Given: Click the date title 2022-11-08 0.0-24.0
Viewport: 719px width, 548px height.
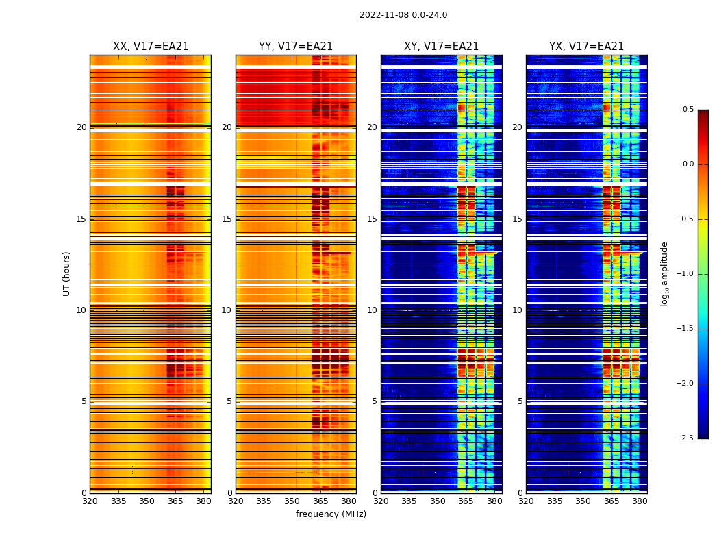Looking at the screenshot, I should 403,15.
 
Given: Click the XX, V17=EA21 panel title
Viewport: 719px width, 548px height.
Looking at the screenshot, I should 151,47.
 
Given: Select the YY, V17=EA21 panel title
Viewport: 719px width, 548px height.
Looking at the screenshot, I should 296,47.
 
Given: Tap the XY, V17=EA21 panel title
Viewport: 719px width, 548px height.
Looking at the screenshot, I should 442,47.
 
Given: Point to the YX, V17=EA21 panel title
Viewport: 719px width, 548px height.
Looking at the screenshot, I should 587,47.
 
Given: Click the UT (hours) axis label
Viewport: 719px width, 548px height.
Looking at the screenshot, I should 67,273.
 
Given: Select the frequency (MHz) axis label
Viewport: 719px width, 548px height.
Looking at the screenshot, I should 331,514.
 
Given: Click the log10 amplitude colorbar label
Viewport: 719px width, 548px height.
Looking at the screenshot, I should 664,273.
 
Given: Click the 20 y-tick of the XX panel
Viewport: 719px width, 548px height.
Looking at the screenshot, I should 81,127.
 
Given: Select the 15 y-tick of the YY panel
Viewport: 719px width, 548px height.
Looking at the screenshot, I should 227,219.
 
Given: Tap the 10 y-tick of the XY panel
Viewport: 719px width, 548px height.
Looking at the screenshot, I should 373,310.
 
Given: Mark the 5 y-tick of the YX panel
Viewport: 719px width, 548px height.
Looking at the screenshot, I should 520,401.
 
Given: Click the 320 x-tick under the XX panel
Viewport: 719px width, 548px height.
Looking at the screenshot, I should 90,501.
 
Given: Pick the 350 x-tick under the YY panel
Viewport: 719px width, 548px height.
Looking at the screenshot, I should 292,501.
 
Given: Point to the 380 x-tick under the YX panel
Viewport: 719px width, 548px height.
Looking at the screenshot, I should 640,501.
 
